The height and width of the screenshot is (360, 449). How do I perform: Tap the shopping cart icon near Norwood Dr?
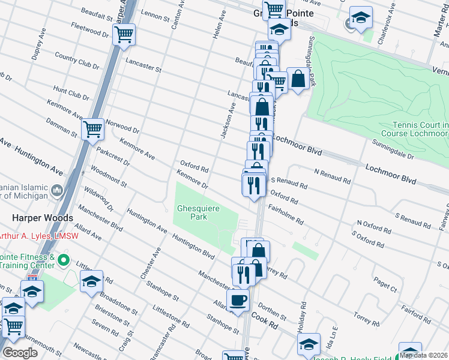[x=92, y=128]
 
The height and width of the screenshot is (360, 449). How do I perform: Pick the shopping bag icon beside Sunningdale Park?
[x=298, y=78]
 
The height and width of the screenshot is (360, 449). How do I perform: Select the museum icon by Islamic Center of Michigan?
[x=58, y=191]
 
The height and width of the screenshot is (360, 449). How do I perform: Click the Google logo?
[x=20, y=353]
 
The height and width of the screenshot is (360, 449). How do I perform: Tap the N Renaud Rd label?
[x=332, y=176]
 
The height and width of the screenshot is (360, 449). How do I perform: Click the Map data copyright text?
[x=423, y=355]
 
